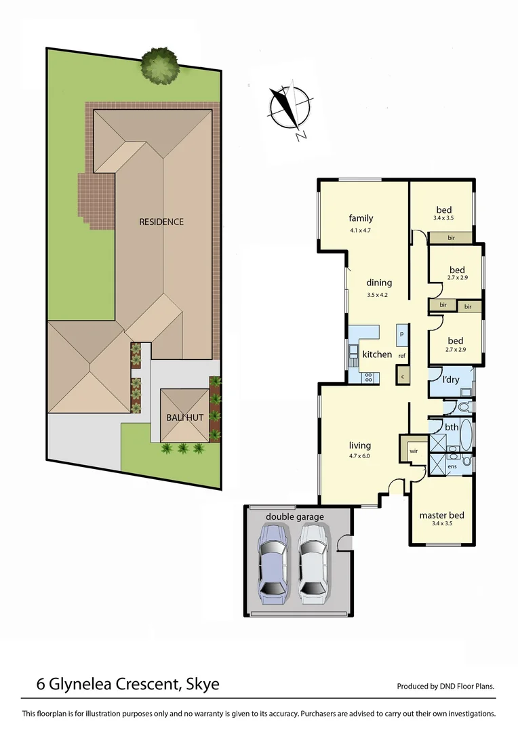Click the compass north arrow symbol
(290, 107)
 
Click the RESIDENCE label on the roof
(161, 222)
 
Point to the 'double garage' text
(294, 516)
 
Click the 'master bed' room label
(441, 514)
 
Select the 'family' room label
(361, 218)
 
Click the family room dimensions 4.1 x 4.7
(361, 230)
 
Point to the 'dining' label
(380, 283)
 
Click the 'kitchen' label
(377, 354)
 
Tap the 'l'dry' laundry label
(452, 380)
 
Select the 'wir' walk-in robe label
(413, 451)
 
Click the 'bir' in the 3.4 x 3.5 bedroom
(450, 238)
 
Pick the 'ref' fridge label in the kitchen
(402, 356)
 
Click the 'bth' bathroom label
(452, 427)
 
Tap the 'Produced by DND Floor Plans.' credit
(445, 687)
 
